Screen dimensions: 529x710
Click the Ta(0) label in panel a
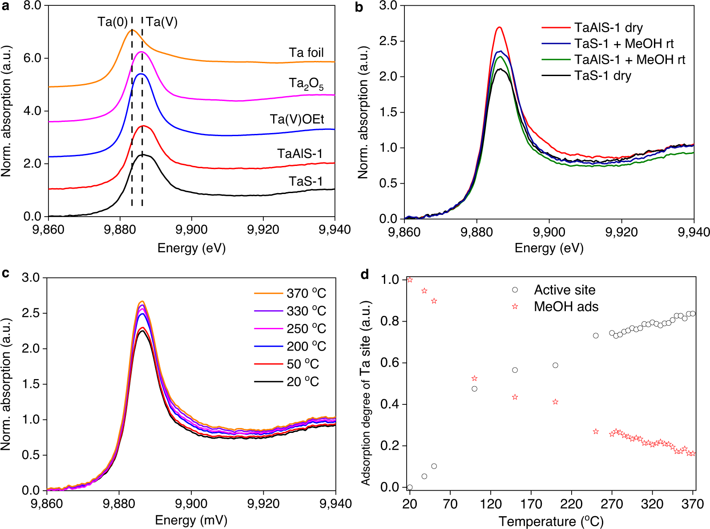point(113,22)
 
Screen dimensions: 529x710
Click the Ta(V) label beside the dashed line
point(162,22)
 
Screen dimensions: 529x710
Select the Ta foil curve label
point(306,52)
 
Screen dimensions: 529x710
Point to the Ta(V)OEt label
point(297,119)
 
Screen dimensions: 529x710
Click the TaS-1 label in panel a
point(305,182)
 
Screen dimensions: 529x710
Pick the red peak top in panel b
point(499,28)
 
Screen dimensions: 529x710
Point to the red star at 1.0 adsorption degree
point(410,280)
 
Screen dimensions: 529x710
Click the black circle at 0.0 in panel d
point(410,488)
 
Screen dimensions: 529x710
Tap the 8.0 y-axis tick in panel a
point(32,6)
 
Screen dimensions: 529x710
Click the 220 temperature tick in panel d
point(571,504)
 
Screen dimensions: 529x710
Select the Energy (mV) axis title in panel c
point(191,520)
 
